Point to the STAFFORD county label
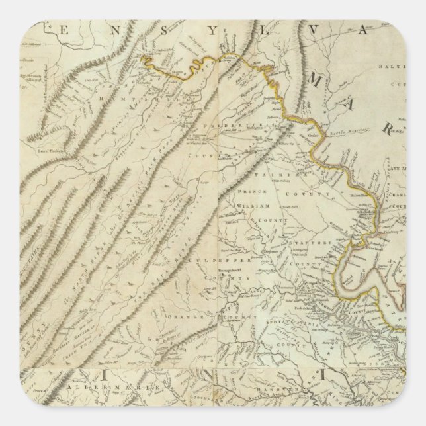[310, 243]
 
